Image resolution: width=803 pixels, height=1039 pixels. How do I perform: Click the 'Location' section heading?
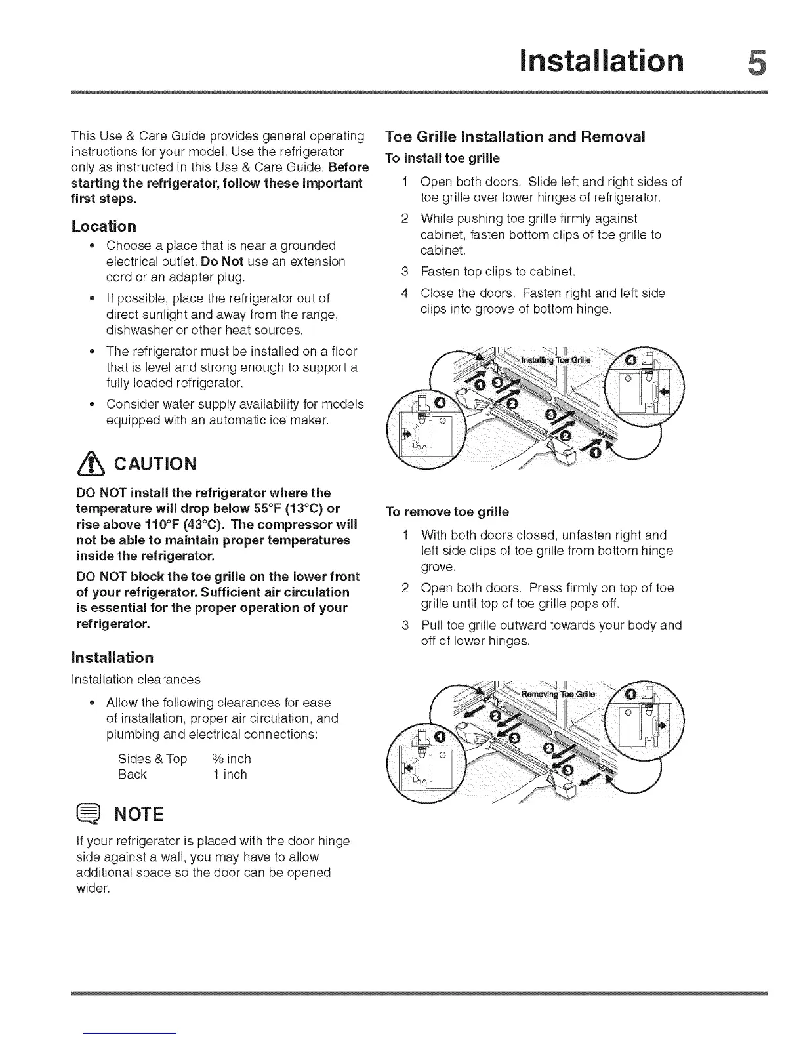click(x=104, y=226)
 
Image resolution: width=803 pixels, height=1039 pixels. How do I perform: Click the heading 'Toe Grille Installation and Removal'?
click(x=515, y=137)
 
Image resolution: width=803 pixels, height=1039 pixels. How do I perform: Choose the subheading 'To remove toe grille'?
click(x=447, y=512)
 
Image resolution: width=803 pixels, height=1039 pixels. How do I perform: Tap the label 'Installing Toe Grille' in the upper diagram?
click(x=556, y=361)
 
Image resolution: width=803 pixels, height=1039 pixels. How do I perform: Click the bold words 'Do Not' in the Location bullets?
click(x=222, y=262)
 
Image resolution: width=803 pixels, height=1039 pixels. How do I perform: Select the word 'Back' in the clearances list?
click(x=132, y=775)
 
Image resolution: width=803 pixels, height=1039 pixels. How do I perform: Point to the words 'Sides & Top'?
click(x=152, y=759)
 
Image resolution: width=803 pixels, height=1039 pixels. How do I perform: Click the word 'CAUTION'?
click(x=155, y=464)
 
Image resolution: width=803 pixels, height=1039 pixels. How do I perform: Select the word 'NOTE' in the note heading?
click(x=139, y=815)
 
